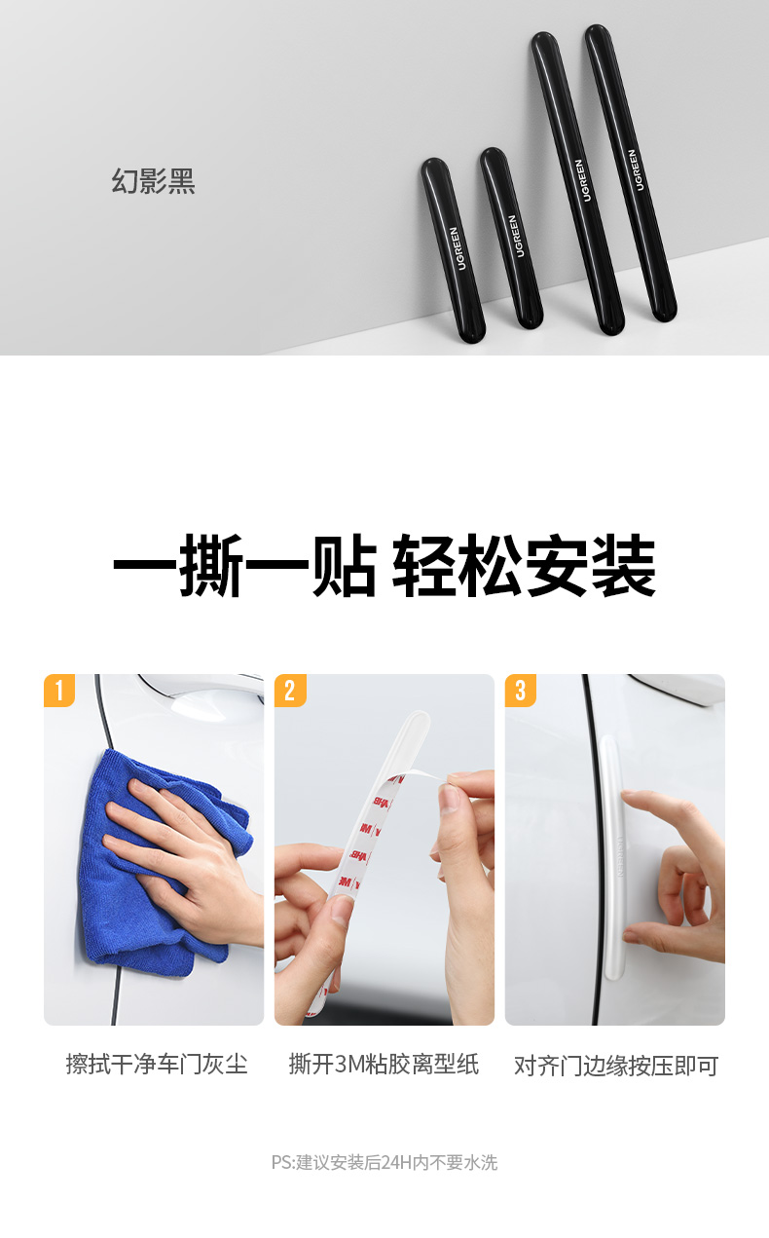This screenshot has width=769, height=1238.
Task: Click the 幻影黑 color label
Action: point(154,181)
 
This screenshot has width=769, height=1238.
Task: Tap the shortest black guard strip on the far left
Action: point(453,250)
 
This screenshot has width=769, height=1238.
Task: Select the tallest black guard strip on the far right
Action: point(631,172)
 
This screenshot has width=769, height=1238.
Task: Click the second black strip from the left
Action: point(512,239)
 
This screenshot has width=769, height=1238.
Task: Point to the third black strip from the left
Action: point(578,183)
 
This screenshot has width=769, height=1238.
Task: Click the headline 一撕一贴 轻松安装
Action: point(384,565)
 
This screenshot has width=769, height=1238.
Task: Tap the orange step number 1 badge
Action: point(59,691)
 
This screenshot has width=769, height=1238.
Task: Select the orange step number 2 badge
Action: point(290,691)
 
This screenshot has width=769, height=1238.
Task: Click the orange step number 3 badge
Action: point(521,691)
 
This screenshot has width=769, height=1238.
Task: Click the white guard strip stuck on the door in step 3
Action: point(614,859)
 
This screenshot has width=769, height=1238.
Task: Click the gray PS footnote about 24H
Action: point(384,1162)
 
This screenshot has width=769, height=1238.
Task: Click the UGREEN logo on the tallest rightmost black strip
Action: point(636,170)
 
